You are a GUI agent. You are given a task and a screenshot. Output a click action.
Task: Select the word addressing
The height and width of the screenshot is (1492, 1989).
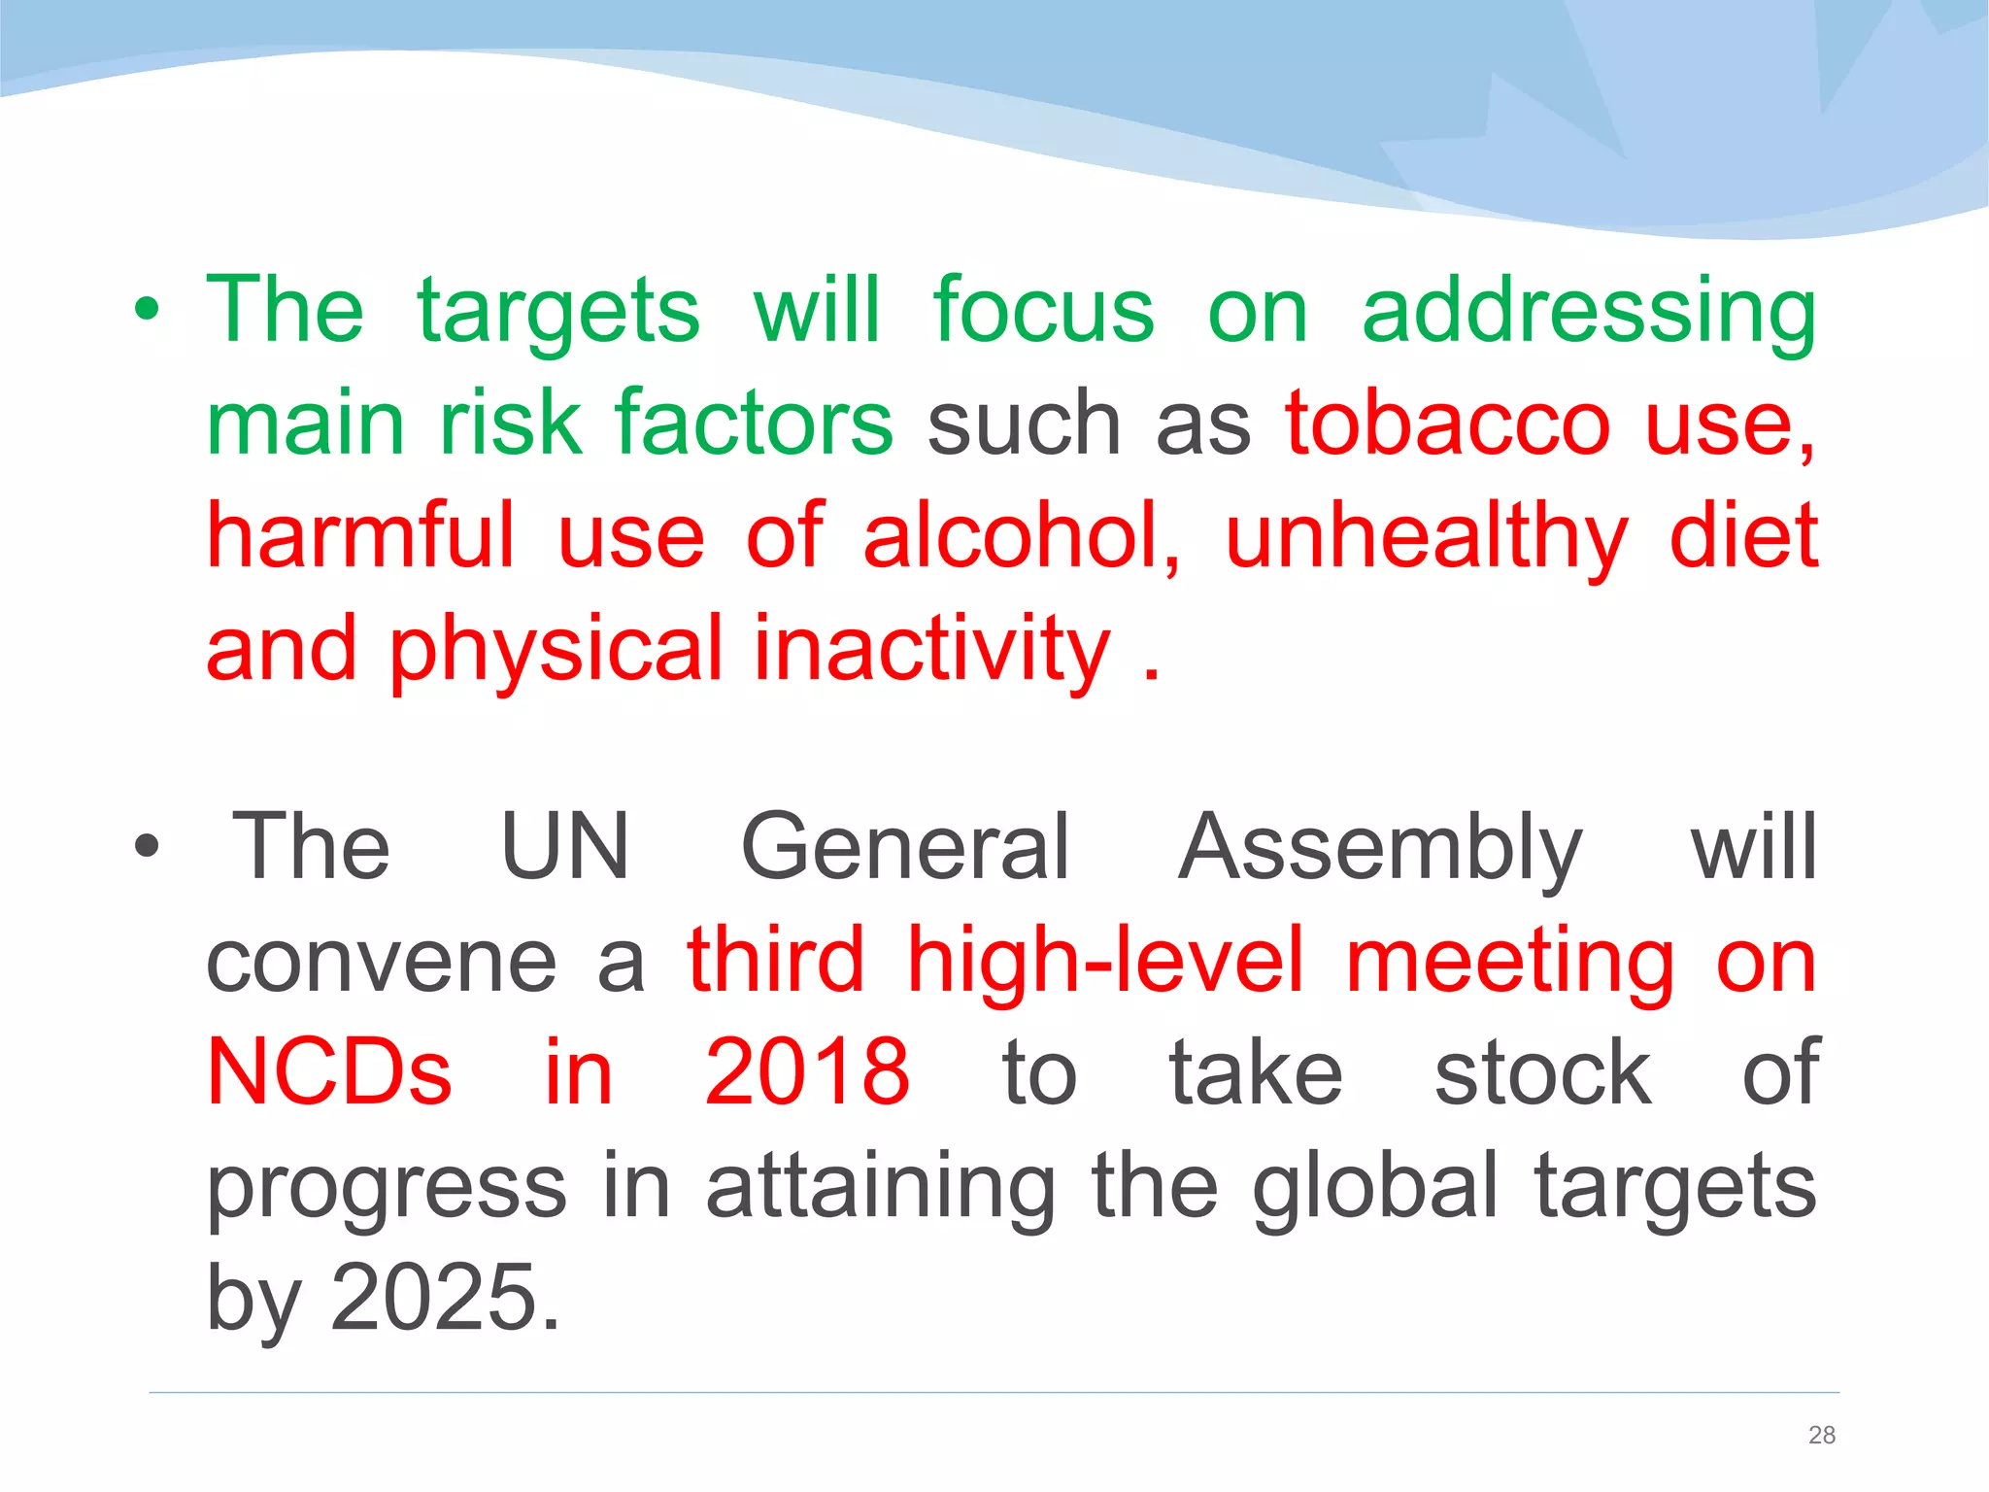point(1589,313)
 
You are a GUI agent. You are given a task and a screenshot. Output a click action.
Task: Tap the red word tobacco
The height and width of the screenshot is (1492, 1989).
point(1447,424)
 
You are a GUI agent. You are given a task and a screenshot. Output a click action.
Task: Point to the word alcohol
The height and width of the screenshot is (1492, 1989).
point(1022,536)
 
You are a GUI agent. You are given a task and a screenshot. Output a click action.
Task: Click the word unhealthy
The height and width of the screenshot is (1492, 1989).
point(1426,538)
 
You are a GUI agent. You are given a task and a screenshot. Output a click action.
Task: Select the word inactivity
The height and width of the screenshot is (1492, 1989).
point(931,650)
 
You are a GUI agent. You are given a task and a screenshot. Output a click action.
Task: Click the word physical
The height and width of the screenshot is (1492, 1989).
point(556,650)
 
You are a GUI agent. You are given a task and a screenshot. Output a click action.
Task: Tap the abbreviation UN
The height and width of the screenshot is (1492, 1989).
point(565,847)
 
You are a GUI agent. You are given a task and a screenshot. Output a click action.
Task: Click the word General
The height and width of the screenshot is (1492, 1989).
point(905,847)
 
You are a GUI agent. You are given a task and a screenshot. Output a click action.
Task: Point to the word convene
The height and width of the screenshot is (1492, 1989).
point(382,962)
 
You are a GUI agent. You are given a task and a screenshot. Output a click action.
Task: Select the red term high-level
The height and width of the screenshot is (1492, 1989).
point(1104,962)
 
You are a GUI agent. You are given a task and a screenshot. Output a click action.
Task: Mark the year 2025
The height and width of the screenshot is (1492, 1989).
point(445,1297)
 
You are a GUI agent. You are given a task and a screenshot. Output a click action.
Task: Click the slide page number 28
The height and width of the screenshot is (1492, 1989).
point(1822,1435)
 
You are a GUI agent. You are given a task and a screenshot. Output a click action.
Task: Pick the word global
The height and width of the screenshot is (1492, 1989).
point(1374,1185)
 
